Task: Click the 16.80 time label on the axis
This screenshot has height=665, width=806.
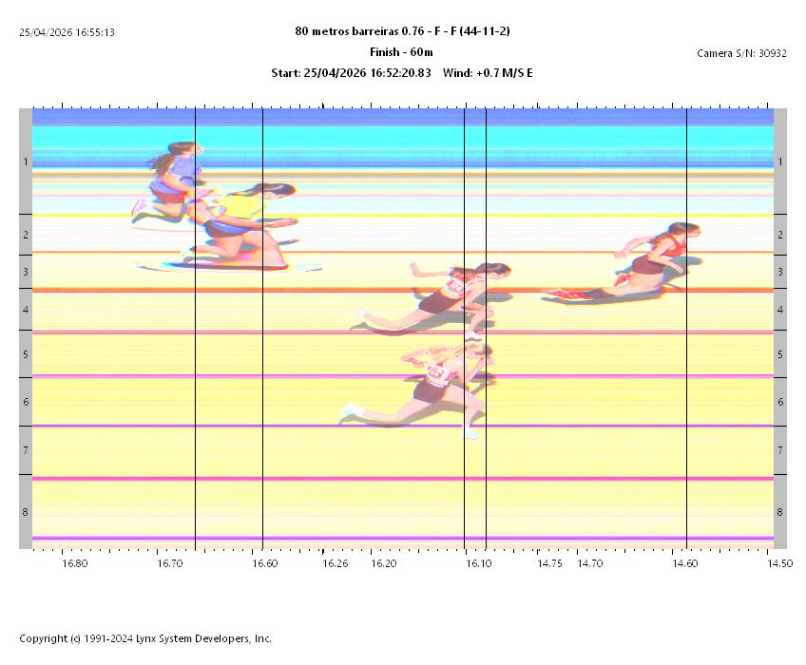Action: pyautogui.click(x=75, y=563)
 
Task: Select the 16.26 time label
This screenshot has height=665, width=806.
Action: pyautogui.click(x=336, y=563)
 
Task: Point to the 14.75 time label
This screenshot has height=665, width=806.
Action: pyautogui.click(x=550, y=563)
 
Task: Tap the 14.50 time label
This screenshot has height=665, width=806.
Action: pyautogui.click(x=779, y=563)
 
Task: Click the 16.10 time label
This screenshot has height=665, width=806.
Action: pyautogui.click(x=479, y=563)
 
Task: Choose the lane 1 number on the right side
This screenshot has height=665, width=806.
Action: pyautogui.click(x=780, y=162)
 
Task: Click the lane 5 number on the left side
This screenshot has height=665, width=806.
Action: pyautogui.click(x=26, y=354)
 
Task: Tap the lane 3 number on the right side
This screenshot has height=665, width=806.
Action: pyautogui.click(x=780, y=273)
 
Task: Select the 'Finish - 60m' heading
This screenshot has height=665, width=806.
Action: pyautogui.click(x=401, y=52)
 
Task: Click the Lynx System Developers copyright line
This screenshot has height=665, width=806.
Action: pyautogui.click(x=145, y=638)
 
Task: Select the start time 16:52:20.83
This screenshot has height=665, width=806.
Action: pyautogui.click(x=365, y=73)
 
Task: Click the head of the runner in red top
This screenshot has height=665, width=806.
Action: pyautogui.click(x=681, y=231)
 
